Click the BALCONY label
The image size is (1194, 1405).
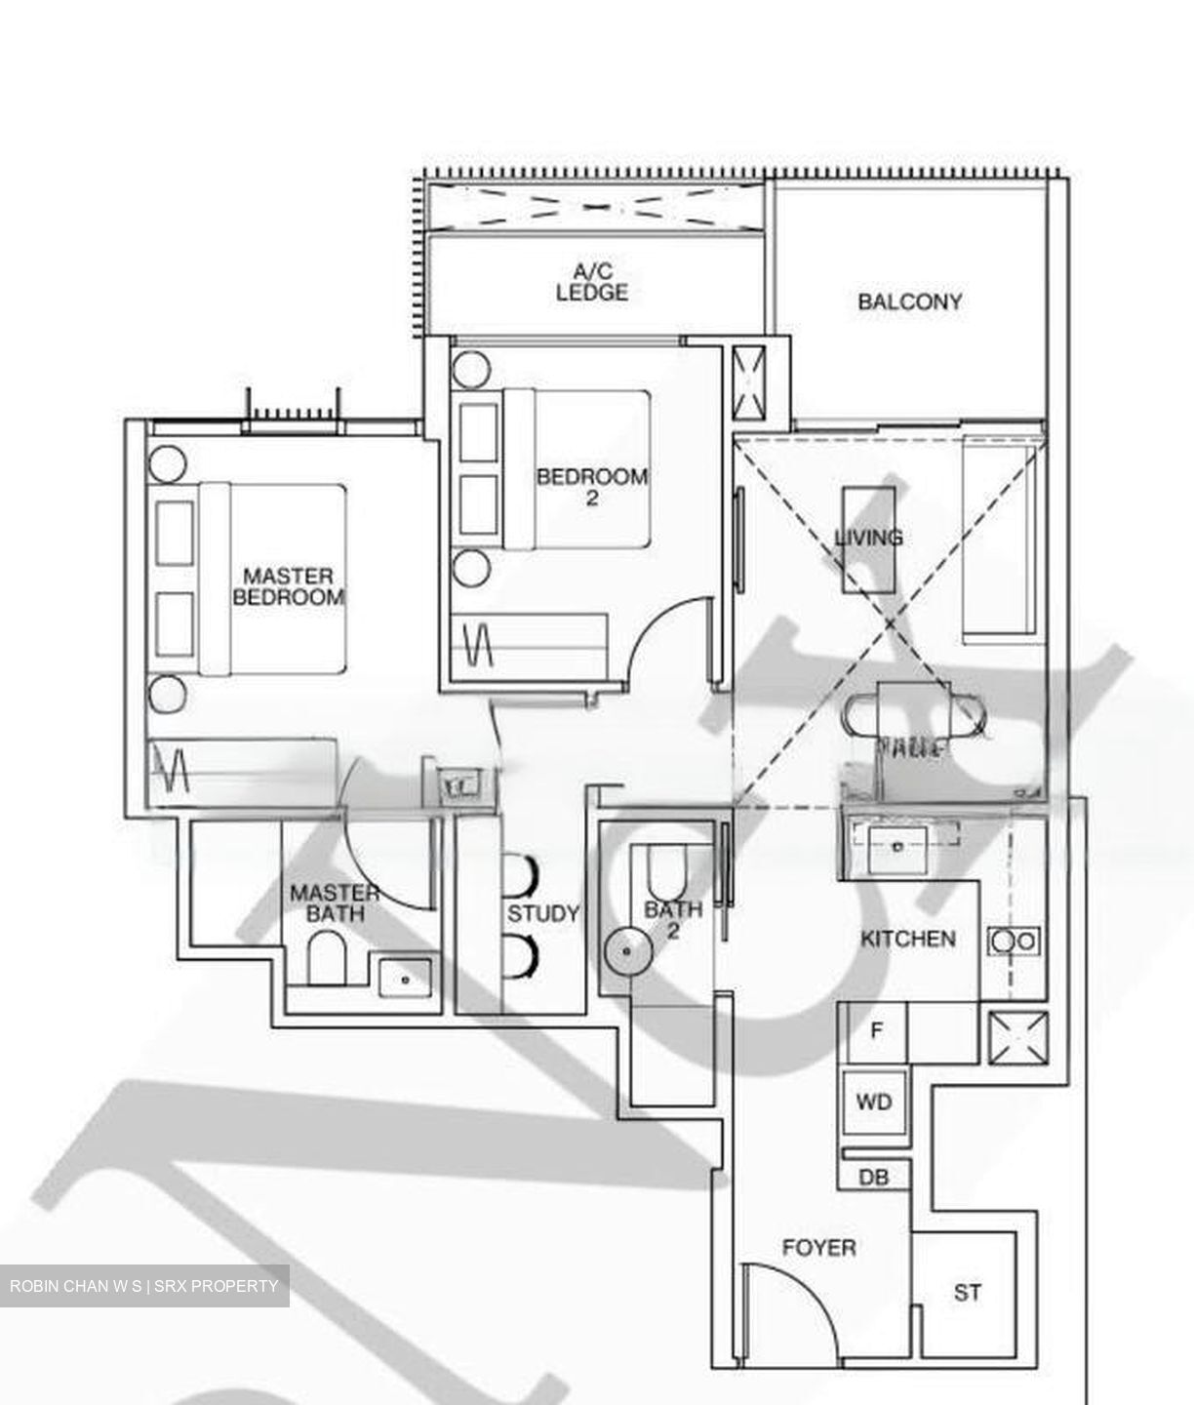tap(909, 301)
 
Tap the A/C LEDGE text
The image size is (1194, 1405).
tap(592, 282)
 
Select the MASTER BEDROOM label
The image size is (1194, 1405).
tap(288, 586)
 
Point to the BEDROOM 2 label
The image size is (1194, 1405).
tap(591, 486)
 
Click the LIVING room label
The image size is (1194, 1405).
tap(868, 537)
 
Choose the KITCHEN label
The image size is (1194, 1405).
tap(907, 939)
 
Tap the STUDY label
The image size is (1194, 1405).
tap(543, 914)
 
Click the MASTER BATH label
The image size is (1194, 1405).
tap(335, 903)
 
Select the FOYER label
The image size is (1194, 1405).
tap(819, 1247)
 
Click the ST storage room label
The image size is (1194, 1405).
tap(967, 1293)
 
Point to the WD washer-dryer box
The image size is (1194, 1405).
tap(874, 1103)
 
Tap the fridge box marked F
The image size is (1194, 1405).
tap(876, 1031)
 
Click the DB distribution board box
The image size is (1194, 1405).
tap(874, 1178)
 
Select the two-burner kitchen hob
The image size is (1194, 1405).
tap(1015, 942)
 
